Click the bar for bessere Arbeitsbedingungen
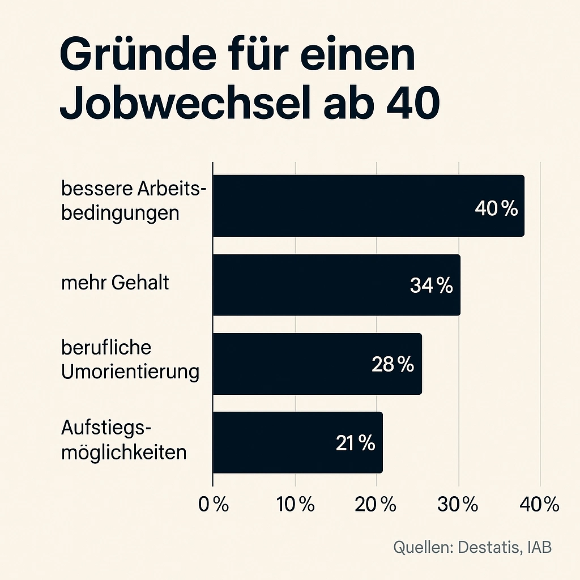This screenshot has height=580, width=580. coord(368,206)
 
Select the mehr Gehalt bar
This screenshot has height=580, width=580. coord(336,285)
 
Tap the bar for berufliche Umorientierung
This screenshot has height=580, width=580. coord(317,364)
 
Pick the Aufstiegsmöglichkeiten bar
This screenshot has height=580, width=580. coord(297,442)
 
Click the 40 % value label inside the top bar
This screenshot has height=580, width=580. coord(496,208)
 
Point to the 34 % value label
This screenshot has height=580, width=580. coord(431,286)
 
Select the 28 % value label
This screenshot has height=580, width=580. coord(393,364)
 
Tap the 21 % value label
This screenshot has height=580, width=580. coord(355,443)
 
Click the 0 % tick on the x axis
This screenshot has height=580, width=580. coord(214,504)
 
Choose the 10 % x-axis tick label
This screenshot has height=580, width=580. coord(295,504)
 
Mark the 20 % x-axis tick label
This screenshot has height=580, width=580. coord(377,504)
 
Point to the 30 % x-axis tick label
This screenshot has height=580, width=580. coord(458,504)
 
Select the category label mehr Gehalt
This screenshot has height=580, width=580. coord(115,283)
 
